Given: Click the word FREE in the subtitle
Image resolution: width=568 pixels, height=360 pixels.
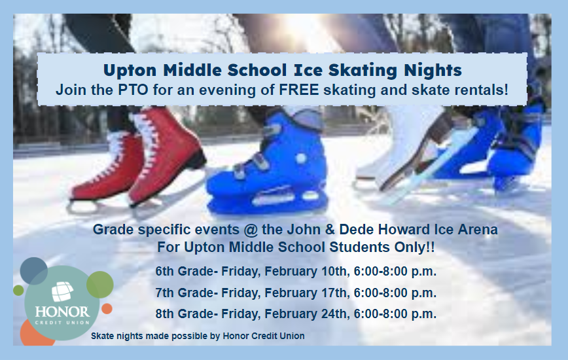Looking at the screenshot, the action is (x=299, y=90).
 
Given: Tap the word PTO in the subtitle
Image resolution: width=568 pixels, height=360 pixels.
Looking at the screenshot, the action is (x=133, y=90).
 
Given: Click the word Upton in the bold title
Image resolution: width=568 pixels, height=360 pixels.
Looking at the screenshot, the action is (x=130, y=70).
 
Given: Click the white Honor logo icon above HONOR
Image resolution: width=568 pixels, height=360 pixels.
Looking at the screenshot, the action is (x=62, y=291).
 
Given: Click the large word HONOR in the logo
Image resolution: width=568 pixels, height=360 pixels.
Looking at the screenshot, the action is (x=62, y=312).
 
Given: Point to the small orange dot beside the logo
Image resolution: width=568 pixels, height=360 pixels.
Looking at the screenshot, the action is (x=107, y=309).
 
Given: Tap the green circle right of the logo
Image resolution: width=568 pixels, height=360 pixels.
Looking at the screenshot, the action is (x=100, y=285).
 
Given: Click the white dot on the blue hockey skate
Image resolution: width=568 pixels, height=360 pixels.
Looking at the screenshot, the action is (x=300, y=158).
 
